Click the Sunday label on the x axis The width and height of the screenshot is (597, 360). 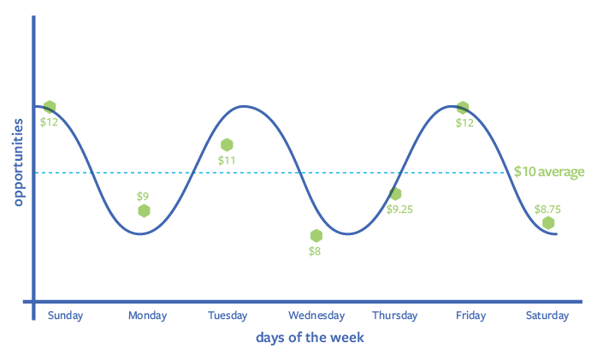(x=66, y=316)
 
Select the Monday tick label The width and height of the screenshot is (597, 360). (x=147, y=316)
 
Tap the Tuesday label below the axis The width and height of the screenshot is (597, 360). (x=228, y=316)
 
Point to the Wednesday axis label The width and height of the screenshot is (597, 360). (x=316, y=316)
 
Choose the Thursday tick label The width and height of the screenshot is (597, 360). (x=395, y=316)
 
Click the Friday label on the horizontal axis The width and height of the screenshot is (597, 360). (x=470, y=316)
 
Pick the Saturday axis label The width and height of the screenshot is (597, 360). (x=547, y=316)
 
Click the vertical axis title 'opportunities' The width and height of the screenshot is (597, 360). (x=18, y=162)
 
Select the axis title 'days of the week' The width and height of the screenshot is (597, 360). (x=310, y=338)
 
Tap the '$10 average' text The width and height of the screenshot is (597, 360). (x=549, y=172)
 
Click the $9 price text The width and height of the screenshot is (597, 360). (x=143, y=196)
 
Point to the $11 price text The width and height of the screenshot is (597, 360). (x=227, y=160)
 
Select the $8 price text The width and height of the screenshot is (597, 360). (x=315, y=251)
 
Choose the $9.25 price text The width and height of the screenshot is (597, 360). (x=399, y=209)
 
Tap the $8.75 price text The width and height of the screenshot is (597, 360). (x=547, y=208)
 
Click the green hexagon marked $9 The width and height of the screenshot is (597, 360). (x=144, y=211)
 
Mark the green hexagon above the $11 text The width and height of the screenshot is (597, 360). (x=227, y=145)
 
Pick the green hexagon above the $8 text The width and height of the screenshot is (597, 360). (x=316, y=236)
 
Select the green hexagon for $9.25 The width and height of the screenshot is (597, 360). (x=395, y=194)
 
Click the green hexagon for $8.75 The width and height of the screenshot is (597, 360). (x=548, y=223)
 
